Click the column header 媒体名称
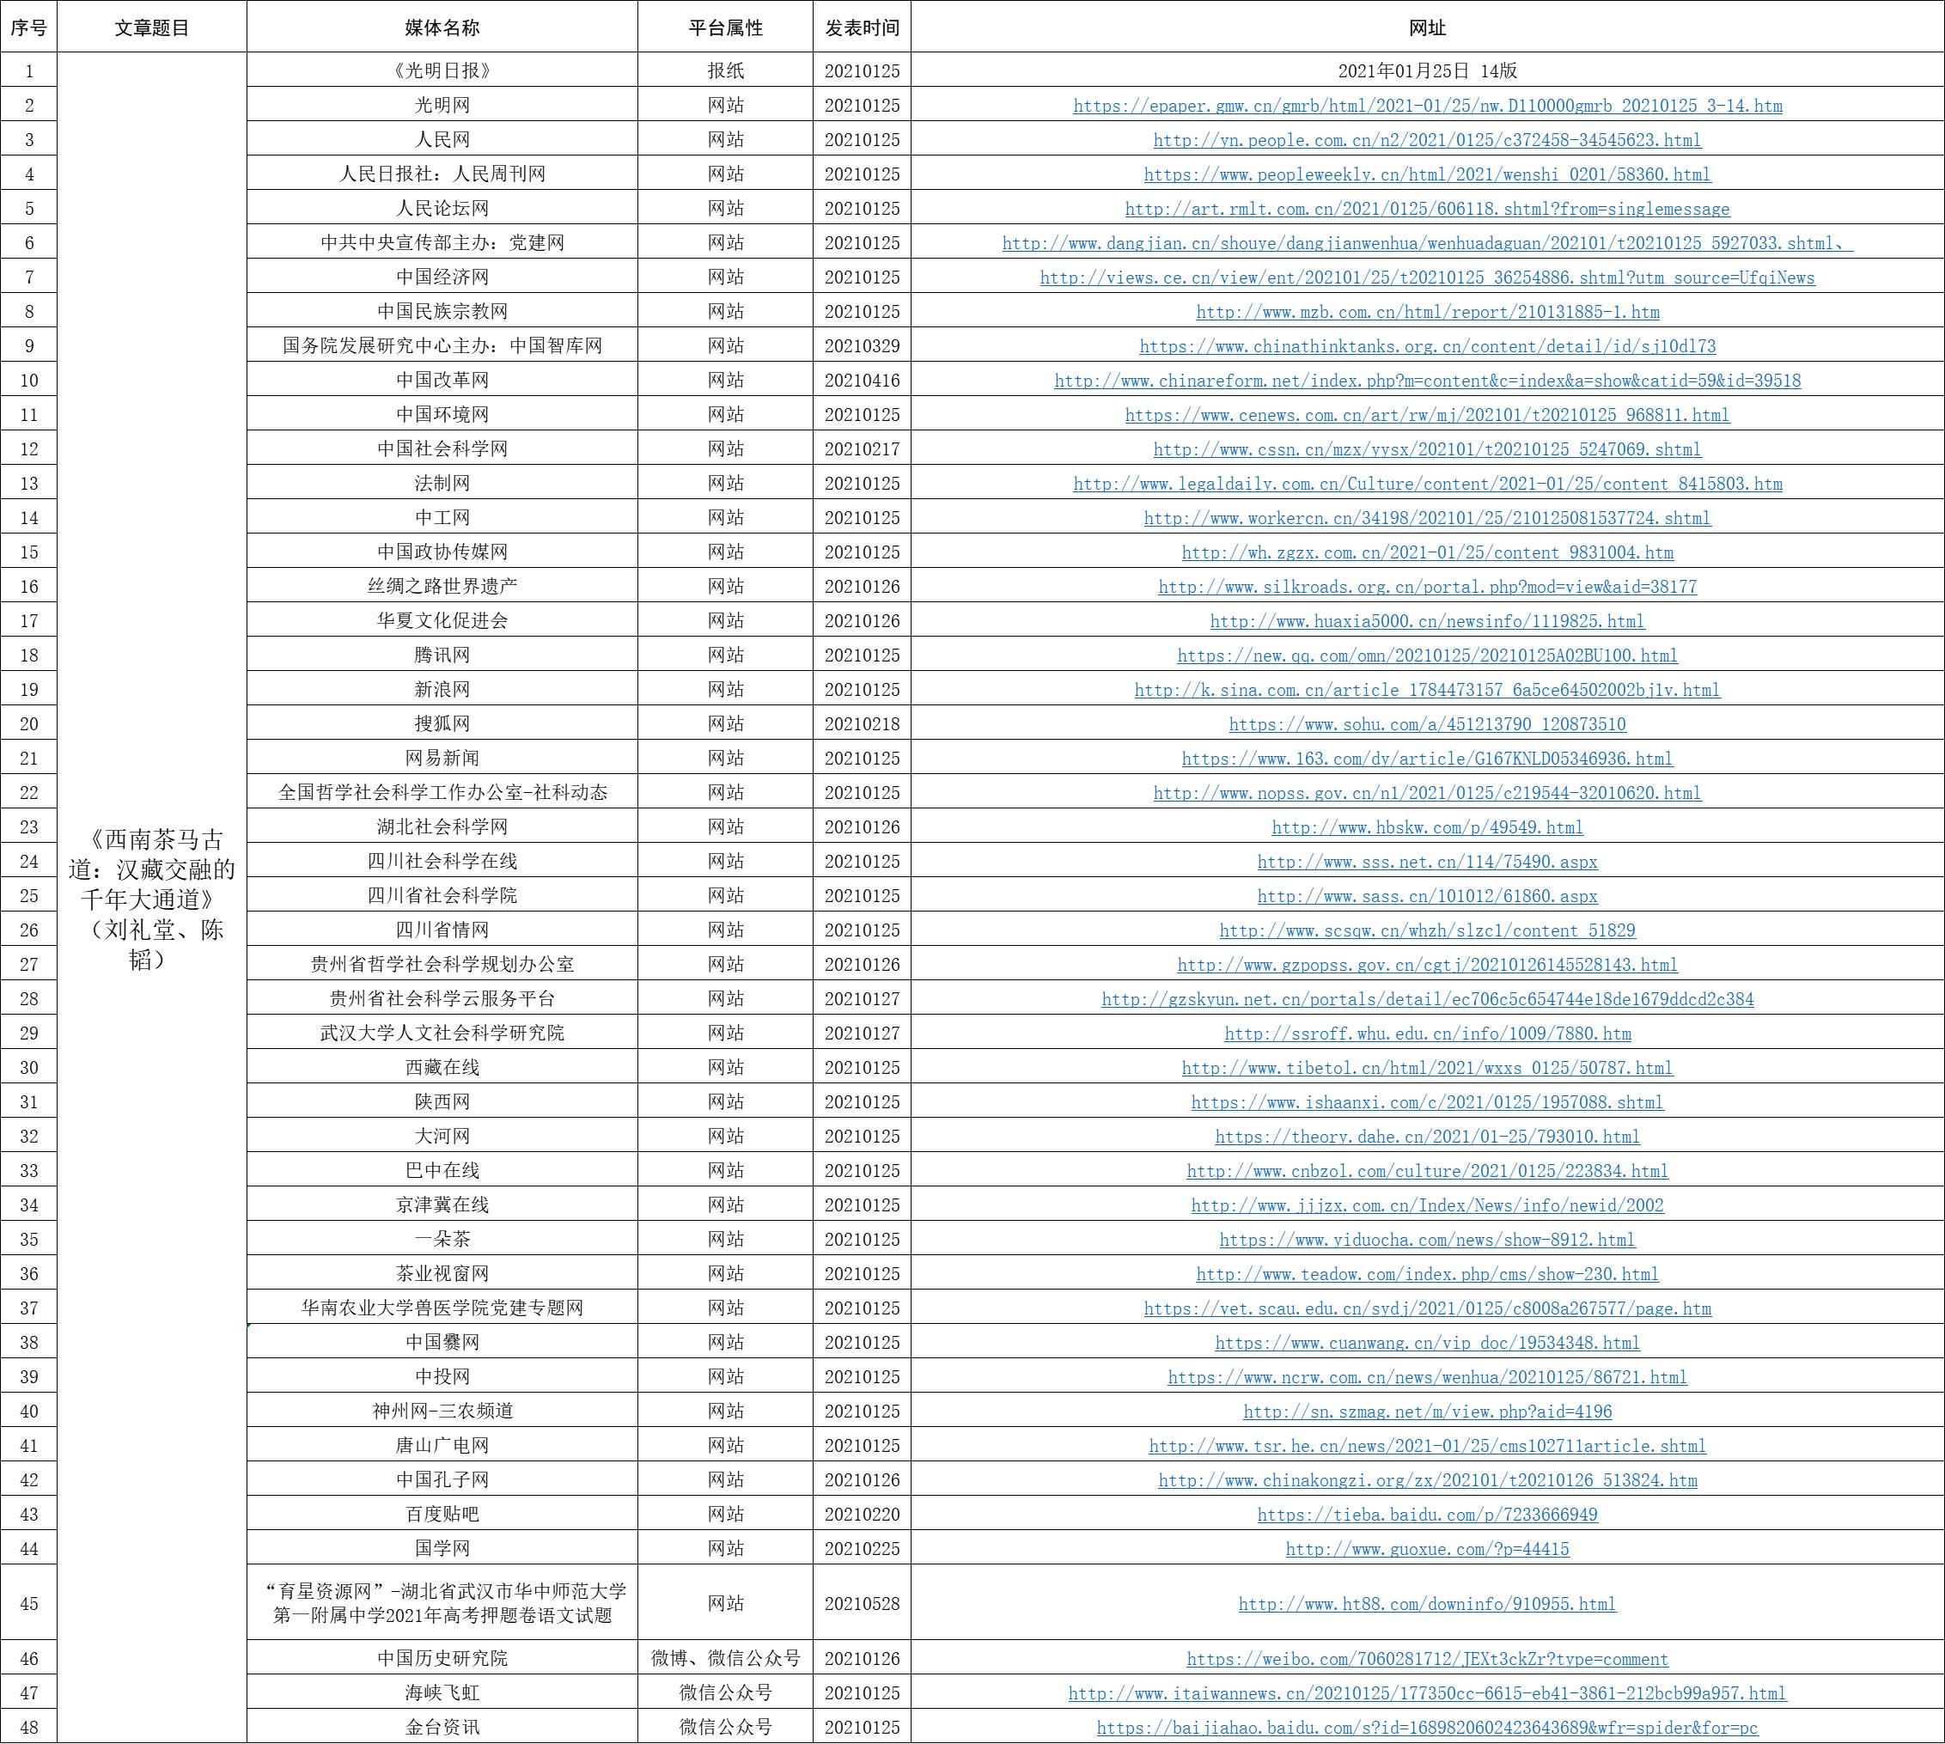tap(442, 27)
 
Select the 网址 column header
tap(1427, 27)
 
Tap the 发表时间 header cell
tap(862, 27)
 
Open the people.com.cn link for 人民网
tap(1427, 140)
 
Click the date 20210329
tap(862, 346)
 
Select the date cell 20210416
tap(862, 381)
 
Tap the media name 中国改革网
tap(442, 381)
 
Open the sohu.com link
tap(1427, 724)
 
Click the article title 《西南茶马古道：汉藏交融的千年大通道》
tap(151, 899)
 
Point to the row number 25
tap(28, 896)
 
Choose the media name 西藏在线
tap(442, 1068)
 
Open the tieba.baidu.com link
tap(1427, 1514)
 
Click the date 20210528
tap(862, 1603)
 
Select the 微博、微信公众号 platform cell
tap(725, 1658)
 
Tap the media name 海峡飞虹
tap(442, 1692)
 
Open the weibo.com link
tap(1427, 1659)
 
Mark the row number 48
tap(28, 1727)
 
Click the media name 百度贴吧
tap(442, 1514)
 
